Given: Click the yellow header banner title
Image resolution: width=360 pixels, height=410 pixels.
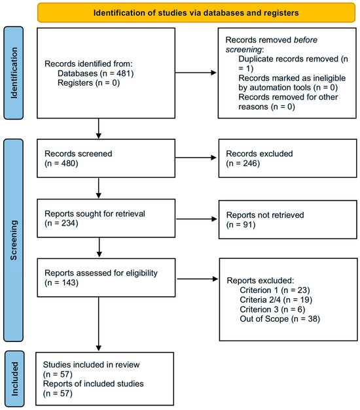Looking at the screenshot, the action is click(196, 13).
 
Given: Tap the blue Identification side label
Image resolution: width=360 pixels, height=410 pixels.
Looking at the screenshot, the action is click(14, 73).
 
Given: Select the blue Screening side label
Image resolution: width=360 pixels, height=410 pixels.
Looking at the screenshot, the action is click(14, 240).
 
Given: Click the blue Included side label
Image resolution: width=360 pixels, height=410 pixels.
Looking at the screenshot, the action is click(14, 379).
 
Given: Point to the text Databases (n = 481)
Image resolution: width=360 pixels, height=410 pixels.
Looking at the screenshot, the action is click(96, 73).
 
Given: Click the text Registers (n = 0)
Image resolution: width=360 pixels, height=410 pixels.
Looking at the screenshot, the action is click(88, 83).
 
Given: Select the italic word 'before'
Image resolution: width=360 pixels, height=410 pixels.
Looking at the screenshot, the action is click(305, 40).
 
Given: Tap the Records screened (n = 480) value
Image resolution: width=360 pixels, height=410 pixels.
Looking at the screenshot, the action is click(62, 163).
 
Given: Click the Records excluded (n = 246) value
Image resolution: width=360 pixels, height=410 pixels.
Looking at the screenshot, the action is click(243, 163).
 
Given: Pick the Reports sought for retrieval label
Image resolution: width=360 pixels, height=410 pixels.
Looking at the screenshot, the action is click(95, 214).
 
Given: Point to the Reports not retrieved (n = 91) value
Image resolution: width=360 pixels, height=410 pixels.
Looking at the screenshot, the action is click(241, 225).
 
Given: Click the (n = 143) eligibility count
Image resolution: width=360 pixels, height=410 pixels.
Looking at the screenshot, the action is click(62, 282).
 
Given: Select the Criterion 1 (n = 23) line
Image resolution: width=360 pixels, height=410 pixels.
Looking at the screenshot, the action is click(275, 290).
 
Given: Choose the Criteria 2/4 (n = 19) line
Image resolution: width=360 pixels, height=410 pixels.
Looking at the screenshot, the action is click(276, 300).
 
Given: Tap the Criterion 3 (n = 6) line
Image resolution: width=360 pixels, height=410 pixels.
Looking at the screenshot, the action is click(272, 309).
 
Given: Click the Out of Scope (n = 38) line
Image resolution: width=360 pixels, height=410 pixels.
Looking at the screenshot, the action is click(280, 319).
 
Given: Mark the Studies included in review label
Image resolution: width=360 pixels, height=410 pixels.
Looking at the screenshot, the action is click(91, 364).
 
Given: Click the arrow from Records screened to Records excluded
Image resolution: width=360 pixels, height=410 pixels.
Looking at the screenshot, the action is click(196, 158).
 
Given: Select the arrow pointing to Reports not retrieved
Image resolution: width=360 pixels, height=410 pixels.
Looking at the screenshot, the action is click(196, 219).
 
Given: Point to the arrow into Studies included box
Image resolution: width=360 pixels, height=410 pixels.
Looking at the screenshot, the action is click(99, 324).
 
